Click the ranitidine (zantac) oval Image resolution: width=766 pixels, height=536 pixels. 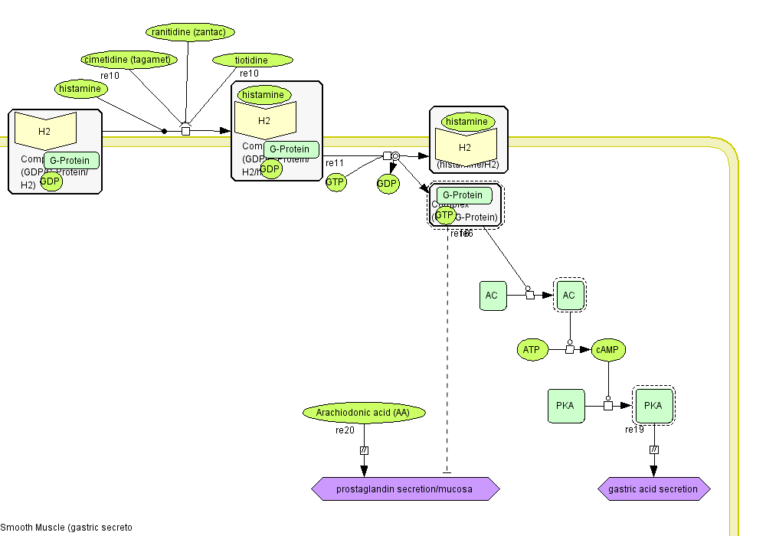(x=190, y=32)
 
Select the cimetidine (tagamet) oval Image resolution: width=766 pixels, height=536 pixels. (x=129, y=59)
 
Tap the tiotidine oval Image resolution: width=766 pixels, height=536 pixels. (x=252, y=60)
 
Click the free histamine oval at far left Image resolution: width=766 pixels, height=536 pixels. (x=80, y=89)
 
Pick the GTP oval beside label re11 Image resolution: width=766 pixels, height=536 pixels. (x=336, y=182)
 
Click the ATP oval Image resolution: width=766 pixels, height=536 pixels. (x=532, y=350)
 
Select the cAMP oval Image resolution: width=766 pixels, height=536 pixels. (x=609, y=350)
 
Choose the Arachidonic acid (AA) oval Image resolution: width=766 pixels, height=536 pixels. (x=364, y=413)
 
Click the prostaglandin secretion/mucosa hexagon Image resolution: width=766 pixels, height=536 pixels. (x=405, y=489)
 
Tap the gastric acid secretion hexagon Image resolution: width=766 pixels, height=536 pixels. (x=653, y=489)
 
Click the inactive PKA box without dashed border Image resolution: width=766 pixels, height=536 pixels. (x=566, y=406)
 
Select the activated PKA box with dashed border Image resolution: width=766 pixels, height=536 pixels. (x=653, y=406)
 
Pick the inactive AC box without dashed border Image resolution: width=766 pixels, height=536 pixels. (x=493, y=296)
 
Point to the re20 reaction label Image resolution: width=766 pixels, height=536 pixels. (x=345, y=430)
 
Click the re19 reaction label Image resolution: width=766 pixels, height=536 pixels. (x=634, y=430)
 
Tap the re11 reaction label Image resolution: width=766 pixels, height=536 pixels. (x=335, y=163)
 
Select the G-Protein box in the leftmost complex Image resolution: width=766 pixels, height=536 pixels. (x=71, y=161)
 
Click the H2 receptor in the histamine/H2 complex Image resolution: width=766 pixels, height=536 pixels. (x=465, y=147)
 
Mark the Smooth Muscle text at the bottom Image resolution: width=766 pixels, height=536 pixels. (x=66, y=528)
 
